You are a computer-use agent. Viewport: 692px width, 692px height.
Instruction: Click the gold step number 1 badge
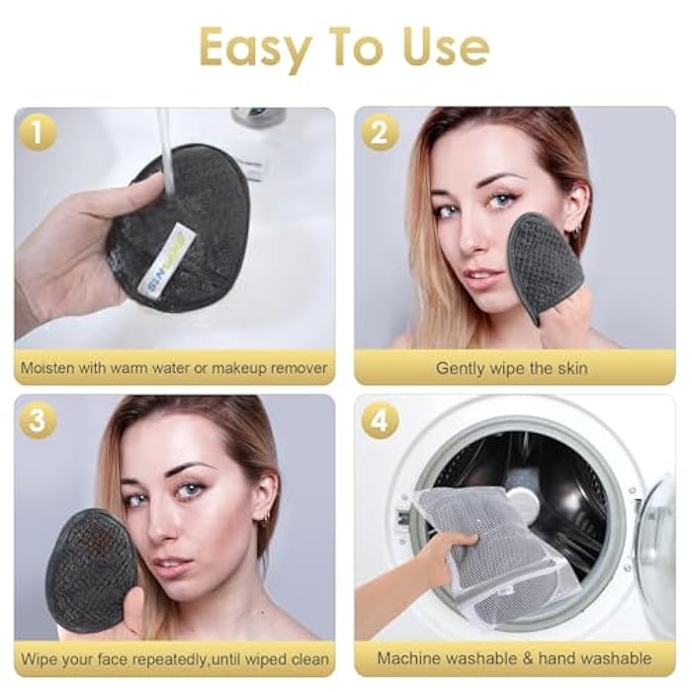point(37,132)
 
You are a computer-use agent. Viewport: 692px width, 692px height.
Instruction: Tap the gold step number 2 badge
point(379,132)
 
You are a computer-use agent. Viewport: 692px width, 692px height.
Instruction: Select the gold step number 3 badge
point(37,421)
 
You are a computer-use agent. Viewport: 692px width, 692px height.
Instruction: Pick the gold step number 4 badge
point(379,421)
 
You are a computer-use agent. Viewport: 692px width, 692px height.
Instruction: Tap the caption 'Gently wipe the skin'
point(511,368)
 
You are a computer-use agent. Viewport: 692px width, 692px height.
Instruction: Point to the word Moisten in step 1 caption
point(50,368)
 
